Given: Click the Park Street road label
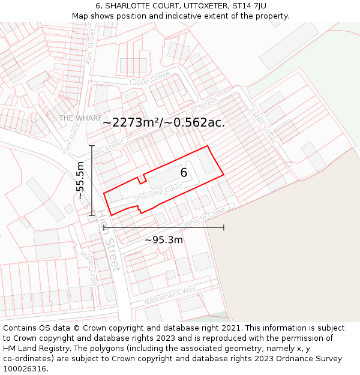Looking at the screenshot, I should point(91,48).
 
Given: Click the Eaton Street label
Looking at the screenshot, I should point(262,124).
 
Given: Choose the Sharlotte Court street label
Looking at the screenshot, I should point(158,193).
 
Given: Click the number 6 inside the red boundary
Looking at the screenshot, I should point(184,173).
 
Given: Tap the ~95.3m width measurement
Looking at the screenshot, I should point(164,240).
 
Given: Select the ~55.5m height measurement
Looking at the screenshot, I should point(80,180).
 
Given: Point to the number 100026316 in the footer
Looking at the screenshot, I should point(25,368).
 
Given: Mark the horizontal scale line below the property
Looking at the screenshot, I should point(164,228).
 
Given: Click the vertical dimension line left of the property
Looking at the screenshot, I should point(92,180).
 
